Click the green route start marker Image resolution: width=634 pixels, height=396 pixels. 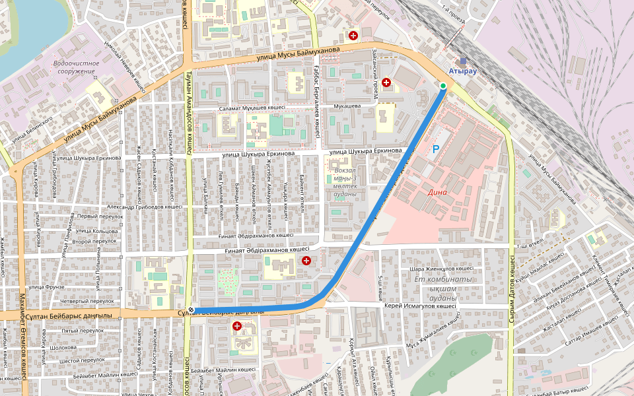[443, 86]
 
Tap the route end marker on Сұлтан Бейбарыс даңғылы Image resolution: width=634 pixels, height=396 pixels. [191, 310]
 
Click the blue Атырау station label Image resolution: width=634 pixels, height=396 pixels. [462, 70]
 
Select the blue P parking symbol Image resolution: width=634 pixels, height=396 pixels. [435, 150]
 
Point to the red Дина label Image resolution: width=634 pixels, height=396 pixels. [437, 193]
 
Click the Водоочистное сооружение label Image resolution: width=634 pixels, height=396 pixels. [76, 67]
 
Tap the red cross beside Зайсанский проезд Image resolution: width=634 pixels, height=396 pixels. [386, 82]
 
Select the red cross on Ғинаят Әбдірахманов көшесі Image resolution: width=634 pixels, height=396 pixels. [306, 261]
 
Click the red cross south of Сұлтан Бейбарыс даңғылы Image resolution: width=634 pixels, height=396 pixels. [236, 326]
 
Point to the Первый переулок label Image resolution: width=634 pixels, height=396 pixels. [101, 216]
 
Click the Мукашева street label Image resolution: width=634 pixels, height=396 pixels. [347, 106]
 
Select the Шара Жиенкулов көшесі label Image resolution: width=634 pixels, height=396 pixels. [442, 269]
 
